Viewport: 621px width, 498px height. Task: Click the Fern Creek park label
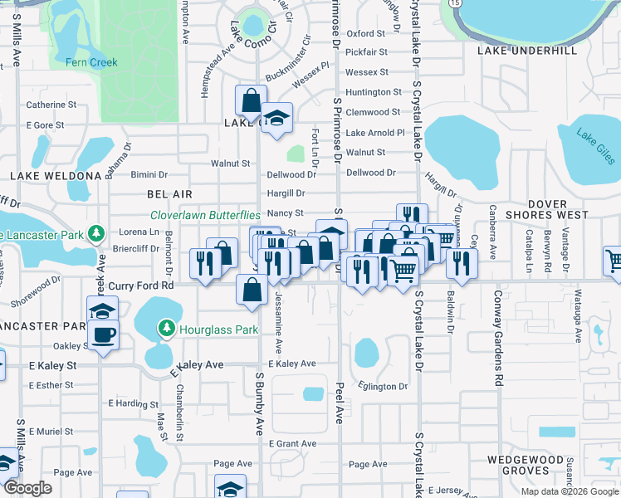[92, 62]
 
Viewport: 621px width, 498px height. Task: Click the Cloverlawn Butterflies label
[205, 214]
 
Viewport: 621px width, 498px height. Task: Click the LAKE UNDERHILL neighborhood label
[526, 51]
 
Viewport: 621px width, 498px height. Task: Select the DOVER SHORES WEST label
[546, 209]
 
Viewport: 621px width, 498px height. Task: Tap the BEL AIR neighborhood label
[169, 193]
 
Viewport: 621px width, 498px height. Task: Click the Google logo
[27, 488]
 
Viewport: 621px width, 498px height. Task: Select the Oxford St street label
[366, 34]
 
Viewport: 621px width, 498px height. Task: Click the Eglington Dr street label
[384, 386]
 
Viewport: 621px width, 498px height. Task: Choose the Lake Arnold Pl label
[374, 133]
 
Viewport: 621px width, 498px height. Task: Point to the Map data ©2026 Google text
[569, 491]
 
